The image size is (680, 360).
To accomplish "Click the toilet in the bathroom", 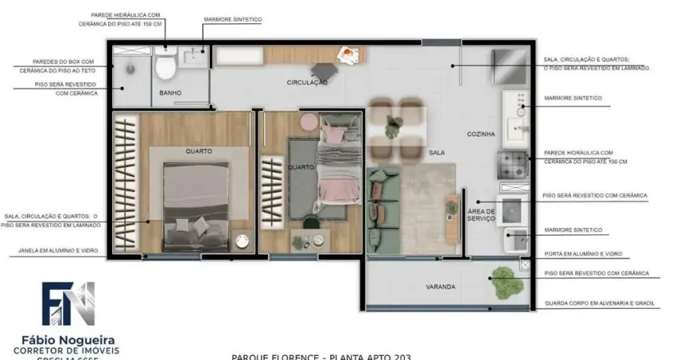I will [x=166, y=67].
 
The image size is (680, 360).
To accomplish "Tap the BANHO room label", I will [x=170, y=94].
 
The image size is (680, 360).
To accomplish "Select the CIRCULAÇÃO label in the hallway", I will [x=307, y=82].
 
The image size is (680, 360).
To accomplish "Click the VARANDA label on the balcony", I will [x=440, y=286].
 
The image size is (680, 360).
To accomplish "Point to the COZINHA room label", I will [x=481, y=134].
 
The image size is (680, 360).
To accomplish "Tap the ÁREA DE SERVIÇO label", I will [x=481, y=215].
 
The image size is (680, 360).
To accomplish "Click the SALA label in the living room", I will [x=437, y=152].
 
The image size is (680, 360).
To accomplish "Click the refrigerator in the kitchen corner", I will [x=510, y=65].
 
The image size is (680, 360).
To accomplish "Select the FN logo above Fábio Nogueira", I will [x=68, y=303].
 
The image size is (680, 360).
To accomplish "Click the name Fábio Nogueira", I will [x=67, y=338].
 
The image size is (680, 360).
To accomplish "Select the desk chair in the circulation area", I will [x=326, y=72].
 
